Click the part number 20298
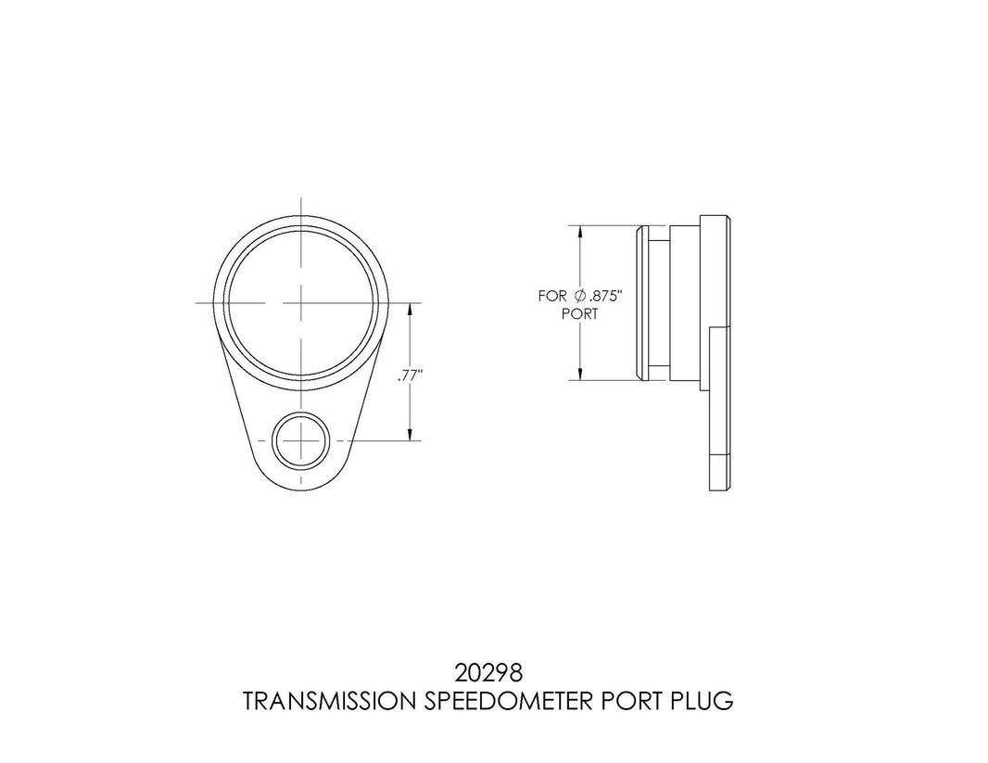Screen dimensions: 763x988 [493, 669]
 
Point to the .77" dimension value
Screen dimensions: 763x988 [408, 376]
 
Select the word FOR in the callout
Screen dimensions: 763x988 [552, 297]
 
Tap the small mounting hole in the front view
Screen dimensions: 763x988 [301, 440]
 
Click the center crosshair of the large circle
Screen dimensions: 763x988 [301, 302]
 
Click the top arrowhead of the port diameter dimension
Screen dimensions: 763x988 [580, 232]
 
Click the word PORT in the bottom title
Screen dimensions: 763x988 [622, 702]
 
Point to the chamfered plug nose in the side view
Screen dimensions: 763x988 [640, 302]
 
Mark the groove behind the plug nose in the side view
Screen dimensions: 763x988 [656, 302]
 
